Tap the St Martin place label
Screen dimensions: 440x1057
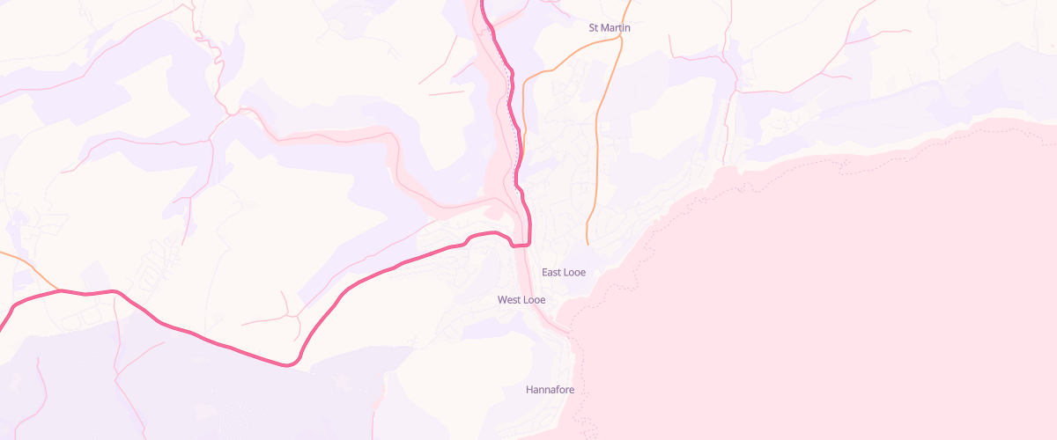610,28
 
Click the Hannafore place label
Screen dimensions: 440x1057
550,389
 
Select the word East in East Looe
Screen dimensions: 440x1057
551,273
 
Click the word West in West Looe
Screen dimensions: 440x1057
509,300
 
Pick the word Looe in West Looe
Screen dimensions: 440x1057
534,300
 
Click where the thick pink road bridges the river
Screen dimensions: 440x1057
520,245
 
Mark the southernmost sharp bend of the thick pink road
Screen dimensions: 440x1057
287,364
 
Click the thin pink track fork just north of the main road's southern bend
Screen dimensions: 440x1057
285,314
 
